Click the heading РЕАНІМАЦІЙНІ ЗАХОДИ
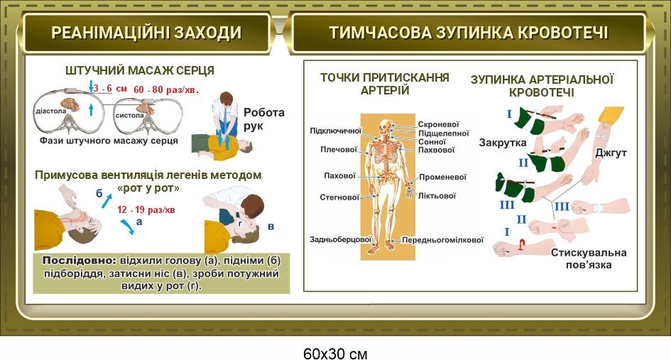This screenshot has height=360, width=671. pyautogui.click(x=146, y=33)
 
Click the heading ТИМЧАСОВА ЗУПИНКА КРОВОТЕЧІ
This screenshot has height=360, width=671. pyautogui.click(x=469, y=33)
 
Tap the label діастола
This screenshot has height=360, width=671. pyautogui.click(x=51, y=111)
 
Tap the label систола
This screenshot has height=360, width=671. pyautogui.click(x=130, y=115)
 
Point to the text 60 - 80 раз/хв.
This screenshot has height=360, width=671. pyautogui.click(x=166, y=89)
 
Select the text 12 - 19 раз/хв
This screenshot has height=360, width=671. pyautogui.click(x=146, y=209)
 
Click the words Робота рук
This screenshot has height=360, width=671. pyautogui.click(x=263, y=119)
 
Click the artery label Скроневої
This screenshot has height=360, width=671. pyautogui.click(x=438, y=124)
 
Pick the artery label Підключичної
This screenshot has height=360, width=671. pyautogui.click(x=336, y=131)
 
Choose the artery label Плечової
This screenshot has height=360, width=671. pyautogui.click(x=339, y=149)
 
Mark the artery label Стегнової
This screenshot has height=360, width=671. pyautogui.click(x=339, y=197)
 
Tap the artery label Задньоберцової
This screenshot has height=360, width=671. pyautogui.click(x=340, y=240)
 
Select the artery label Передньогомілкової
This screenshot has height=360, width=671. pyautogui.click(x=442, y=240)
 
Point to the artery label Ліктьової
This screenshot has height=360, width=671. pyautogui.click(x=437, y=196)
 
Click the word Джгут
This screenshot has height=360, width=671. pyautogui.click(x=611, y=153)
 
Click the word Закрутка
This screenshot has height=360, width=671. pyautogui.click(x=503, y=143)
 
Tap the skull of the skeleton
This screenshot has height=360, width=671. pyautogui.click(x=386, y=125)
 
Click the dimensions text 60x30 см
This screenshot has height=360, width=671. pyautogui.click(x=335, y=354)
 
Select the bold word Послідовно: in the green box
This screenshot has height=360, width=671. pyautogui.click(x=79, y=261)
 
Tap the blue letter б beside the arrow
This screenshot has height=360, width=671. pyautogui.click(x=99, y=193)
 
